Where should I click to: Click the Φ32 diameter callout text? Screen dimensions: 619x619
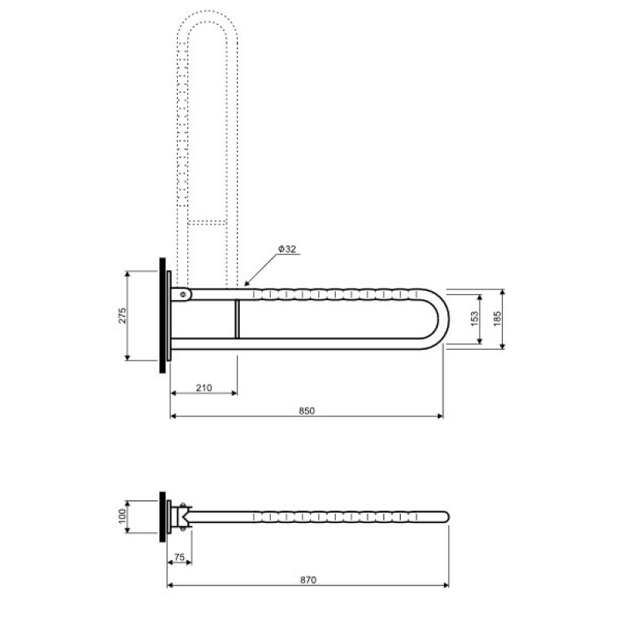pos(287,249)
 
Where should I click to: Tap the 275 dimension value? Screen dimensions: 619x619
pos(122,316)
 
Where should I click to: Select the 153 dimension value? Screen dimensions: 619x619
pos(475,319)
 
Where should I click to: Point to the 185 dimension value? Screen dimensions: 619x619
pos(497,319)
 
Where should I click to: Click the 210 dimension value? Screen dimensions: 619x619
pos(204,388)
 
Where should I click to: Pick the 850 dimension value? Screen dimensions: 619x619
pos(306,411)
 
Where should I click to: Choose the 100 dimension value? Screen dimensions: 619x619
pos(122,516)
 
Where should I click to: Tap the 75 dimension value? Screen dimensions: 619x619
pos(180,557)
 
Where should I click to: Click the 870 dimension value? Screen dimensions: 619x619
pos(308,580)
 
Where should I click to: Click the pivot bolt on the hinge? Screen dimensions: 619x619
pos(183,294)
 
